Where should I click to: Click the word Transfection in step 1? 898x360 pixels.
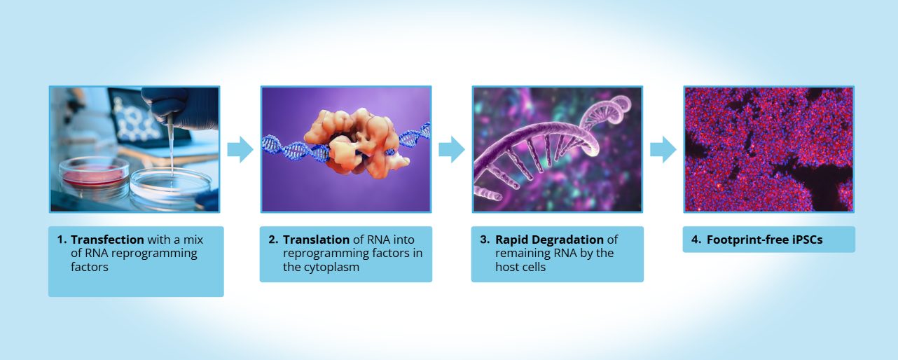tap(107, 240)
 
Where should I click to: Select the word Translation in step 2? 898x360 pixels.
tap(316, 240)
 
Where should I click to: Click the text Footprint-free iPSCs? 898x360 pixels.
tap(764, 240)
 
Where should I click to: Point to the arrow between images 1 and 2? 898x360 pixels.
tap(240, 148)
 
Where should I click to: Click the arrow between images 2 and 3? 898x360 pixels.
tap(452, 148)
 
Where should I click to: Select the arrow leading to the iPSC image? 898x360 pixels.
tap(663, 148)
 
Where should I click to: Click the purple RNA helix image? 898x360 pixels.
tap(557, 148)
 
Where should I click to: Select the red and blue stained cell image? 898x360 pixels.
tap(768, 148)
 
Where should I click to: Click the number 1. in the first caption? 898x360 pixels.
tap(62, 240)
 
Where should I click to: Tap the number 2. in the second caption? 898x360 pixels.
tap(274, 240)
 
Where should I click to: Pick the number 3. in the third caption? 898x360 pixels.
tap(485, 240)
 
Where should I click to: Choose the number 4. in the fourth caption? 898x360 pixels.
tap(696, 240)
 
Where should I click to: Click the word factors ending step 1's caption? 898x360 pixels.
tap(90, 267)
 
